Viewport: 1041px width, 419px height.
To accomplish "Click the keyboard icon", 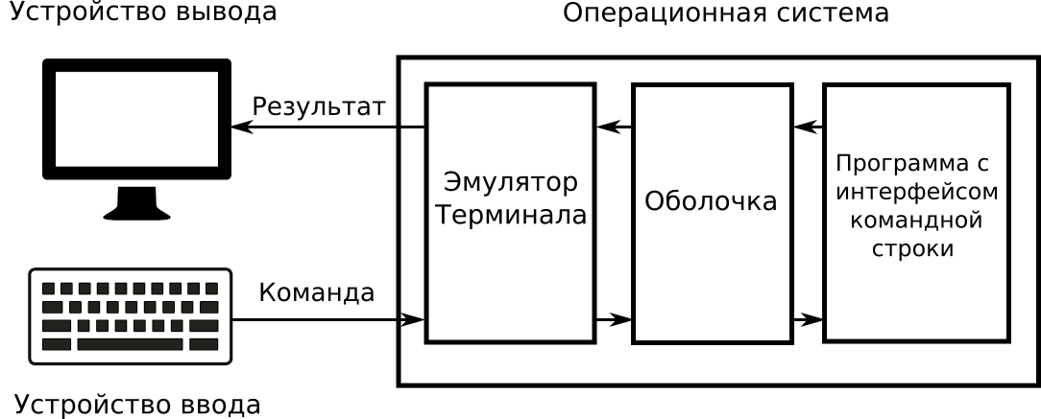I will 131,316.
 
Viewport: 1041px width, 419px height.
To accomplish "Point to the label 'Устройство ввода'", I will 137,405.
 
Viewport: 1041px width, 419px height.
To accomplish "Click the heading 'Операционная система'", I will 725,13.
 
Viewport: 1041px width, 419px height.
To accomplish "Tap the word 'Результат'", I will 318,106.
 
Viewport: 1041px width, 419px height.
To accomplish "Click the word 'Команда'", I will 317,292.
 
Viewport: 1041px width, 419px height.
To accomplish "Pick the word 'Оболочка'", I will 711,202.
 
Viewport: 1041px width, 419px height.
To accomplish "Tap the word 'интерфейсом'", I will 917,191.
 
